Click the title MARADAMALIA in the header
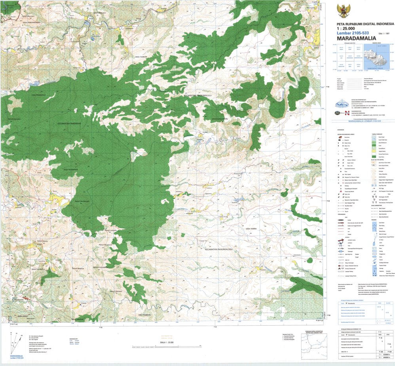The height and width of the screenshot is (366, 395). click(356, 38)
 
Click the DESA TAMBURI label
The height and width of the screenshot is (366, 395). click(142, 57)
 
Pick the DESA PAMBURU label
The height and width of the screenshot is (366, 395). click(145, 314)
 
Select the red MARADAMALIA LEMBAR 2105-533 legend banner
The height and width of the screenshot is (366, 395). click(362, 121)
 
